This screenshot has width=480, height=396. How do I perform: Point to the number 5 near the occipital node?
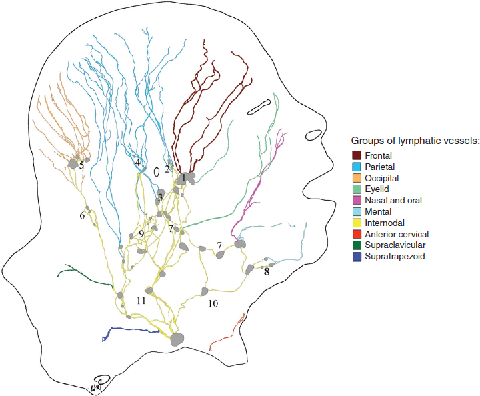tap(81, 165)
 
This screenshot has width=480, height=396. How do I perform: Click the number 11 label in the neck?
tap(141, 301)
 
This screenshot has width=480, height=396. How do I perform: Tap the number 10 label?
tap(213, 303)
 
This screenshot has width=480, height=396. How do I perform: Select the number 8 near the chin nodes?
tap(267, 271)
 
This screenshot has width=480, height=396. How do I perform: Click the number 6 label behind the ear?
tap(83, 215)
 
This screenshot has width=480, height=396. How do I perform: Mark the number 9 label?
tap(141, 233)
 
